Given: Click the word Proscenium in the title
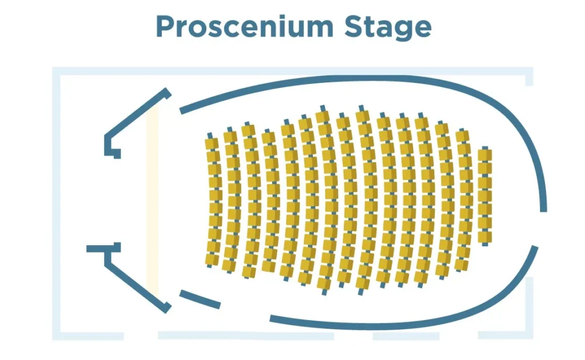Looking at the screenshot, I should point(243,26).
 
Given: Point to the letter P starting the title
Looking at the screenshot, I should point(165,26).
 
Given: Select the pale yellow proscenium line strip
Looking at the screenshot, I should point(152,200).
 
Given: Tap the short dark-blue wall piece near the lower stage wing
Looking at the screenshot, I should point(200,299).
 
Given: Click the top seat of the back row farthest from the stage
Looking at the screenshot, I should point(484,155).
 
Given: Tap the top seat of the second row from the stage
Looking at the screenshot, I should point(230,137).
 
